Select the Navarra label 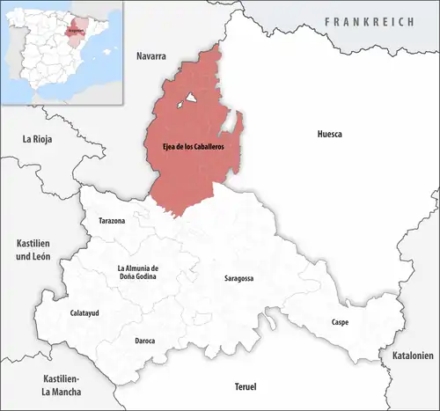pyautogui.click(x=151, y=56)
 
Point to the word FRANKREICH pyautogui.click(x=368, y=21)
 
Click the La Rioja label pyautogui.click(x=39, y=138)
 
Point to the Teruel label pyautogui.click(x=248, y=387)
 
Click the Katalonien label pyautogui.click(x=408, y=356)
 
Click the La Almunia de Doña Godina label pyautogui.click(x=137, y=273)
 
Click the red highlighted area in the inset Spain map pyautogui.click(x=78, y=27)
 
